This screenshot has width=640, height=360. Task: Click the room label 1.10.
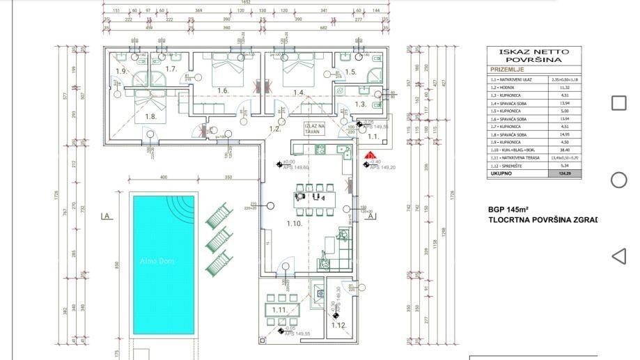click(294, 224)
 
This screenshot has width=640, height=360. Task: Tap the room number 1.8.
click(150, 116)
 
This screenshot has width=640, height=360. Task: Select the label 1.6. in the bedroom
click(222, 91)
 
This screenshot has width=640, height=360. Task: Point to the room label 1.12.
click(338, 325)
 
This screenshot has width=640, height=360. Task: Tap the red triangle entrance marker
click(371, 156)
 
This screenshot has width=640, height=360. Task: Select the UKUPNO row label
click(501, 173)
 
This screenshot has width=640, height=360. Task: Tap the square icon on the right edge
click(618, 103)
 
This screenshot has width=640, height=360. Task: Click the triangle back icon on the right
click(618, 256)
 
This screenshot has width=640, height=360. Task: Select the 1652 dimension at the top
click(245, 3)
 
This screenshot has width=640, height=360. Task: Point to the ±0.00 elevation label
click(290, 162)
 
